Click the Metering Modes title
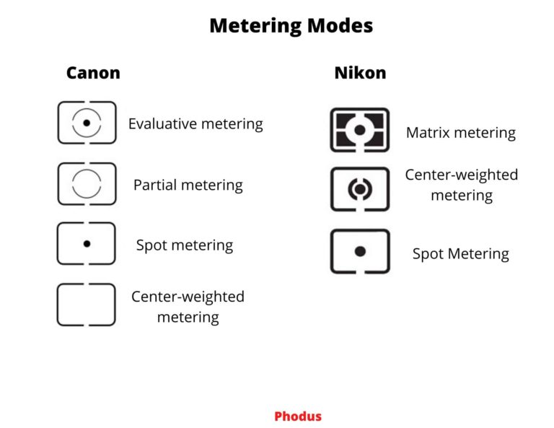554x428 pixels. (291, 27)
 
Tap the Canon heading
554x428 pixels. (93, 73)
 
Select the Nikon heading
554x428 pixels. (360, 73)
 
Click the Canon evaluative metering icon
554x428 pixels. (87, 123)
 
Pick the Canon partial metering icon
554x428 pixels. (87, 184)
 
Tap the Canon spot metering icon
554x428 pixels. (87, 244)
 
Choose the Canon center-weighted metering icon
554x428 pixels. (87, 305)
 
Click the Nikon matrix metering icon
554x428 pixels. (360, 130)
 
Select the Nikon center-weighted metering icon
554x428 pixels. (360, 189)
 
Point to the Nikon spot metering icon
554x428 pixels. (360, 251)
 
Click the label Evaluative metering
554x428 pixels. (195, 124)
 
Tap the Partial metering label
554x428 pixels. (188, 185)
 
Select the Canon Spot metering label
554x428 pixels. (185, 245)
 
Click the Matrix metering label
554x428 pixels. (461, 133)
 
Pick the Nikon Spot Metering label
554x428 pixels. (461, 254)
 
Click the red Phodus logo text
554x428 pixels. (298, 416)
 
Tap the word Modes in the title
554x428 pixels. (338, 27)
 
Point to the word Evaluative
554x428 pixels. (162, 124)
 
